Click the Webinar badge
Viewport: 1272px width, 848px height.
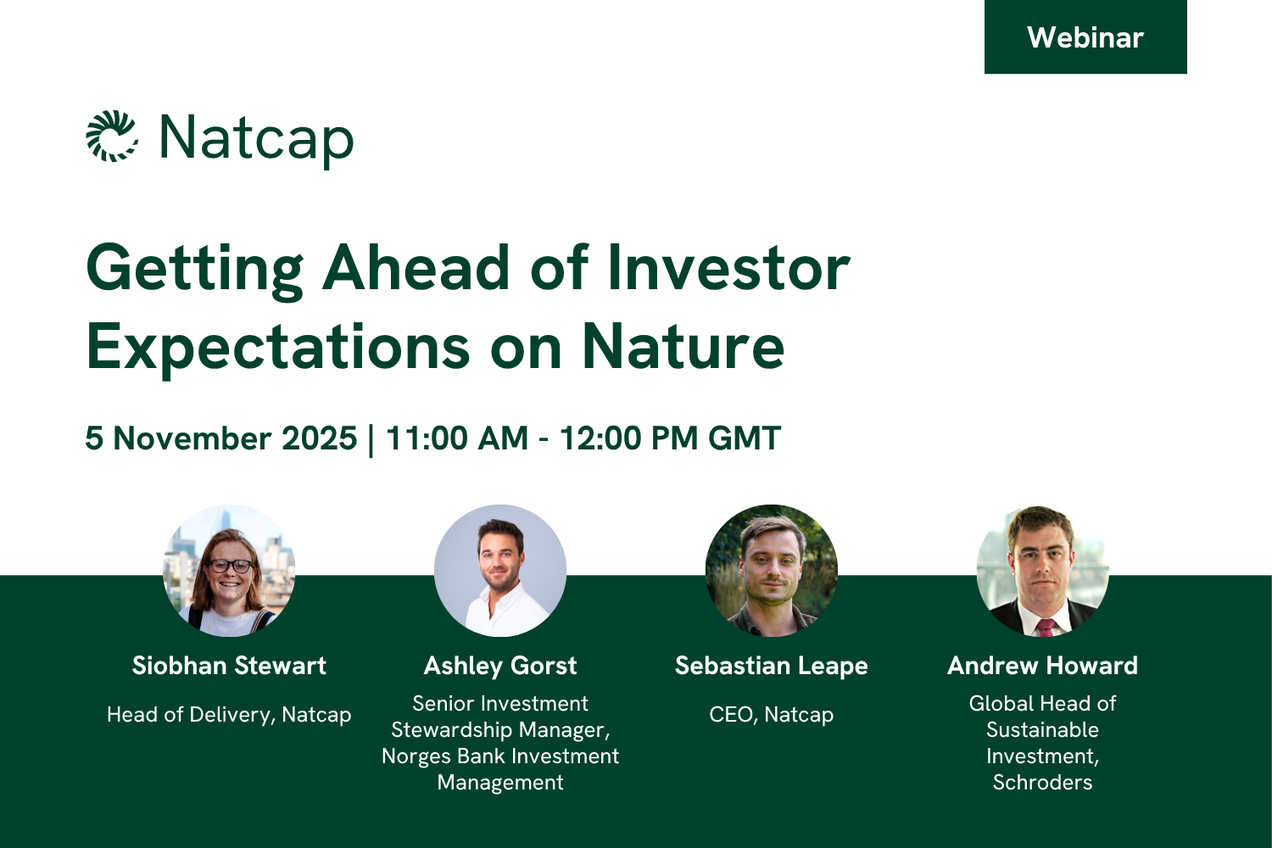point(1085,37)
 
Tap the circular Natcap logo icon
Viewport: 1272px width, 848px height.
point(111,137)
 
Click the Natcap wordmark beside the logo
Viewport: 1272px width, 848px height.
point(257,139)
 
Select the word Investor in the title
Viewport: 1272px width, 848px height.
point(728,267)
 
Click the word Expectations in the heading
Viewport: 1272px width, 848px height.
point(277,349)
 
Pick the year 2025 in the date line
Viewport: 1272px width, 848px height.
point(319,438)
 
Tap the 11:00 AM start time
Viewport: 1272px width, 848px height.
point(457,438)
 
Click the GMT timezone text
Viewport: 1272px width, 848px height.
point(744,438)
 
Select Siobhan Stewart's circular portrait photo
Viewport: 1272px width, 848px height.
point(229,570)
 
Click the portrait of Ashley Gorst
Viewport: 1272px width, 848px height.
point(500,570)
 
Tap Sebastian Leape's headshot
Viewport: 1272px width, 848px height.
point(771,570)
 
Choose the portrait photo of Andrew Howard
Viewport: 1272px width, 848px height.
point(1042,570)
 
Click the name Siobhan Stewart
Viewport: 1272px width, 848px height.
point(229,666)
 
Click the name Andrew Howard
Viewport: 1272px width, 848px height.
point(1042,666)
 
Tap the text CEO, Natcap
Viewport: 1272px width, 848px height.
point(771,715)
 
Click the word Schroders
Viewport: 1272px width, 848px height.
point(1042,782)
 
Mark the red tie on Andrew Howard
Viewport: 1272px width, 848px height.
point(1046,627)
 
